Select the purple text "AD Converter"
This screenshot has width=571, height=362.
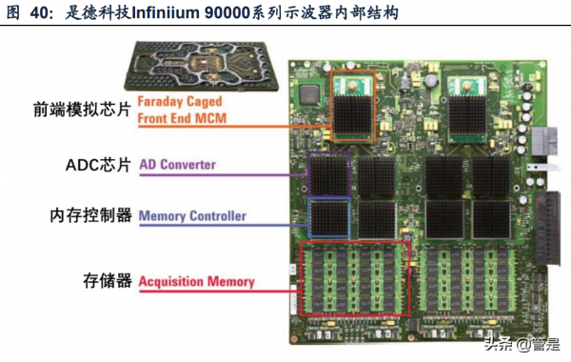coord(178,164)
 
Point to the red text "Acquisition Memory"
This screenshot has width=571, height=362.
coord(197,281)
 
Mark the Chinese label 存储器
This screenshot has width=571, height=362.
coord(104,281)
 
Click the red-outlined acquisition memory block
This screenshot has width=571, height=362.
coord(354,278)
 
